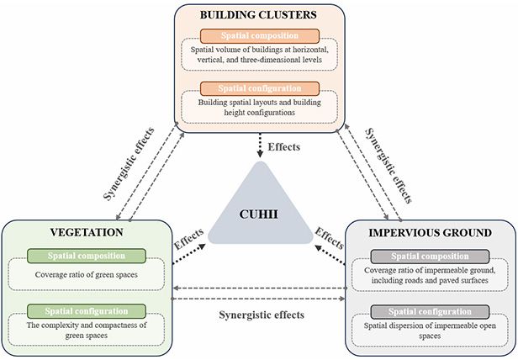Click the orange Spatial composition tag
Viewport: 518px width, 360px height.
260,37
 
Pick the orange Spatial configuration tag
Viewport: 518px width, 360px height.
260,87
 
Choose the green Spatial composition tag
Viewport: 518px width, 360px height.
87,255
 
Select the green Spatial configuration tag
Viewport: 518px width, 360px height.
87,311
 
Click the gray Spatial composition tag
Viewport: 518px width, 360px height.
431,255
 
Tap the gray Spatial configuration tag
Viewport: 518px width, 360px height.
431,311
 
